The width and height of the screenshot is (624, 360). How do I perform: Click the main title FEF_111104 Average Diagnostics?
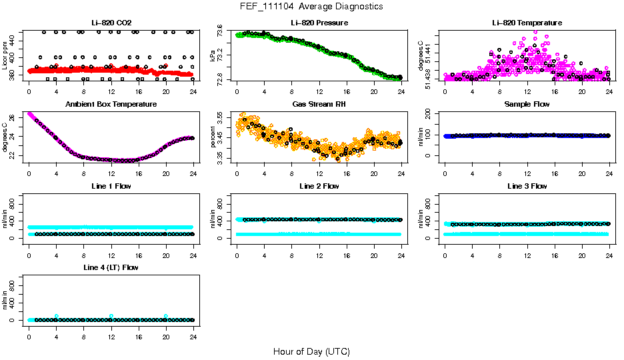(x=312, y=6)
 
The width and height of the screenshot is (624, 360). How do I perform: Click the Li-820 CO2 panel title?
(x=111, y=23)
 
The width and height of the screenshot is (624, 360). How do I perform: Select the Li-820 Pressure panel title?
(x=319, y=23)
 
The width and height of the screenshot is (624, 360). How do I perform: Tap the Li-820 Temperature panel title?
(x=527, y=23)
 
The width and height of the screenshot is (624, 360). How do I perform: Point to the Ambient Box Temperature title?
(x=111, y=105)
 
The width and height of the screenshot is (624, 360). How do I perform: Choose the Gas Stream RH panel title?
(x=319, y=105)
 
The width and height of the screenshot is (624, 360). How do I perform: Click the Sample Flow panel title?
(x=527, y=105)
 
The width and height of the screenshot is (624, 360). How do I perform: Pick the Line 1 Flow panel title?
(x=111, y=186)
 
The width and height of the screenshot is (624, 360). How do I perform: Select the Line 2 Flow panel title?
(x=319, y=186)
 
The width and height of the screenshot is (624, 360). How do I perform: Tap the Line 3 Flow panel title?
(x=527, y=186)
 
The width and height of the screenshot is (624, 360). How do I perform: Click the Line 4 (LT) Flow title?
(x=111, y=267)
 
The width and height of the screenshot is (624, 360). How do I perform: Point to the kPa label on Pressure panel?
(x=213, y=55)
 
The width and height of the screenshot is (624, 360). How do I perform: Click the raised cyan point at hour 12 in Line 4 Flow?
(x=111, y=316)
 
